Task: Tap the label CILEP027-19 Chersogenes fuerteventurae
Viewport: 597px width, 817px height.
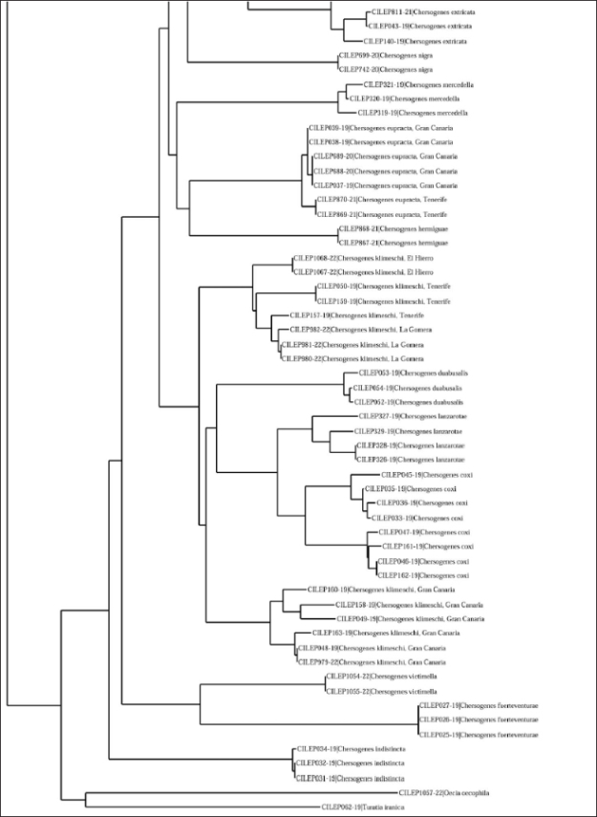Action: (479, 705)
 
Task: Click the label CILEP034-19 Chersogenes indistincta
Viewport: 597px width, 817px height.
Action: (346, 749)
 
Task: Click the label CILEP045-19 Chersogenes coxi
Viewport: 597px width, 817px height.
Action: (427, 475)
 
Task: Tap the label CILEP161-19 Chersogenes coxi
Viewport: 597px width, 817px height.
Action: (427, 546)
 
